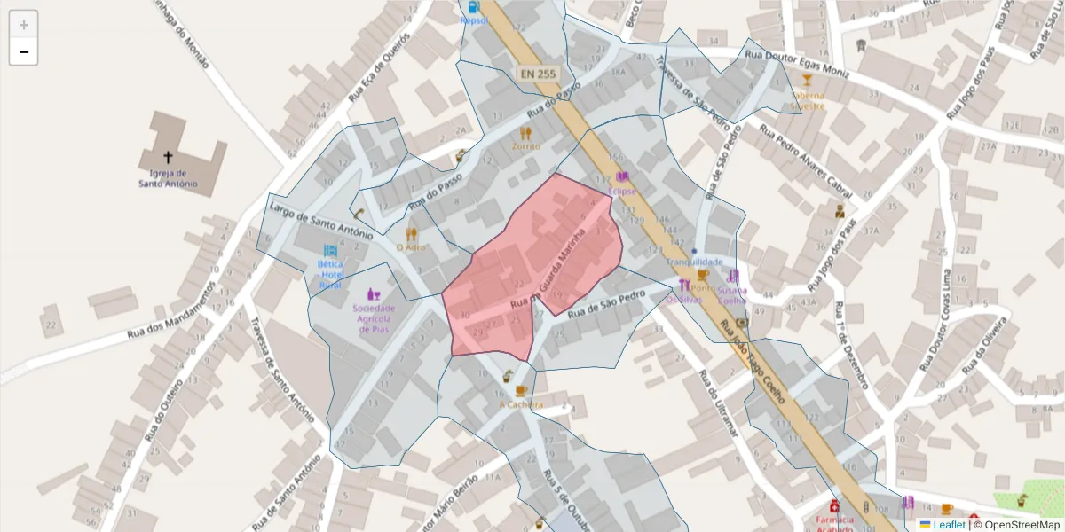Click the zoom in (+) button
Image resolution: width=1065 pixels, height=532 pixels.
(23, 24)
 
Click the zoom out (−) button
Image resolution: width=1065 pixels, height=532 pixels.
(23, 51)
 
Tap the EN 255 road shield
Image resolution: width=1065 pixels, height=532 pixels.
(539, 75)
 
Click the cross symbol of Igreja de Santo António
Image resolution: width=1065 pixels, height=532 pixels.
(168, 157)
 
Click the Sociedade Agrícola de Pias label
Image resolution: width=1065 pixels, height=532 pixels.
(374, 318)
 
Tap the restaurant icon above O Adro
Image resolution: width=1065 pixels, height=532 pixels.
(411, 234)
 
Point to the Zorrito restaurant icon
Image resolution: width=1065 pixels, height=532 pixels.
(525, 133)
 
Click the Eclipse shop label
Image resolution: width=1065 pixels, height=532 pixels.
(622, 191)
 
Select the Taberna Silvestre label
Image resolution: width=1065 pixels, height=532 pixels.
(808, 100)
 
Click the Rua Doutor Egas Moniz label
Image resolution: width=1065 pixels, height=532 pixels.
(797, 65)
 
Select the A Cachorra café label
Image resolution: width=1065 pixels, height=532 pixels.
(521, 404)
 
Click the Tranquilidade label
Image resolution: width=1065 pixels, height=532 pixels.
(694, 262)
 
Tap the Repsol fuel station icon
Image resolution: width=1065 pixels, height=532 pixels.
(471, 7)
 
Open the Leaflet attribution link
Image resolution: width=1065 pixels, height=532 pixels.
(948, 525)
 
